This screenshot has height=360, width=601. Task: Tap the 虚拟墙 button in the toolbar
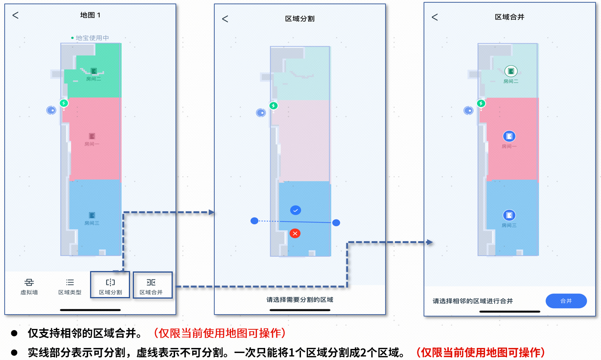point(29,286)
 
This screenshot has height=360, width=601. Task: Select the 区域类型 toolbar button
point(70,286)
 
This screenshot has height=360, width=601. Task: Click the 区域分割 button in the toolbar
point(110,286)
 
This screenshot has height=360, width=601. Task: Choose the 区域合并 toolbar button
point(151,286)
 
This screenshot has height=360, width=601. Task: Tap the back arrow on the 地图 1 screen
point(16,15)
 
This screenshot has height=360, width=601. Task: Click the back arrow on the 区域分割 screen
point(225,19)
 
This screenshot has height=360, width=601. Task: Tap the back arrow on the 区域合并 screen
point(435,17)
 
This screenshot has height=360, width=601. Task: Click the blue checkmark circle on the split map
point(295,210)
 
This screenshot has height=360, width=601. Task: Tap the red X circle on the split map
point(295,233)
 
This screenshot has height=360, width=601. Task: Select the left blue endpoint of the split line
point(254,221)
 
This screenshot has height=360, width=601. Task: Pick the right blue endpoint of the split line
point(336,223)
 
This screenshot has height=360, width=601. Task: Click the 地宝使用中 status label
point(92,38)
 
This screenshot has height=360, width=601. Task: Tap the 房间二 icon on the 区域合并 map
point(511,71)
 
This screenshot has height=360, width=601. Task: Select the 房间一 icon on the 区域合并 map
point(509,136)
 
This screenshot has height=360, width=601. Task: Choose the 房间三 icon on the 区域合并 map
point(509,215)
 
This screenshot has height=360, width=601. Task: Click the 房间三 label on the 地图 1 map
point(92,223)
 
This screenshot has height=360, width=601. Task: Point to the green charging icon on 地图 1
point(64,103)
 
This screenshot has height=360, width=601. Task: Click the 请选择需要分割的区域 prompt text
point(300,299)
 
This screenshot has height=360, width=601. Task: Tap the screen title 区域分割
point(300,19)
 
